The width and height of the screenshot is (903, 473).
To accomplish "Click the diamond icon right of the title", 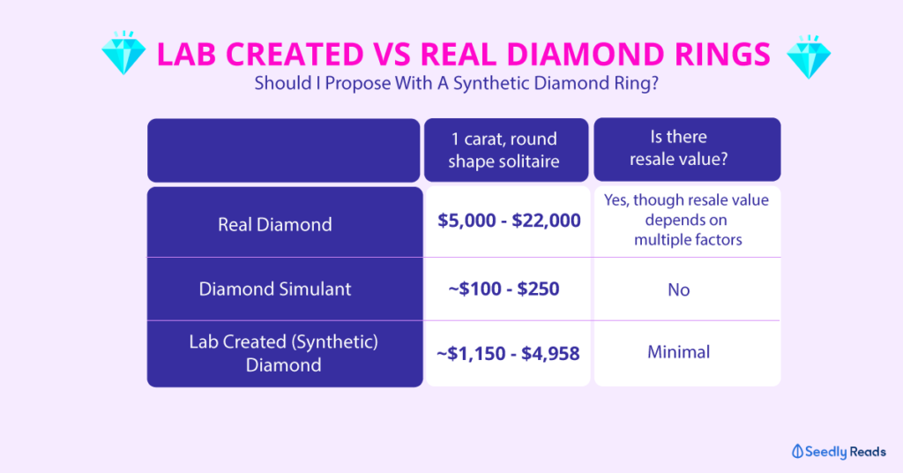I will coord(807,56).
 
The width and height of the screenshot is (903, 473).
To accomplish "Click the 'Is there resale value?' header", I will coord(687,149).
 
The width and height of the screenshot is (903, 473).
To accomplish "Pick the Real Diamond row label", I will coord(275,224).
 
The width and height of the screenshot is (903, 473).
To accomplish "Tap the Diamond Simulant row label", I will coord(276,289).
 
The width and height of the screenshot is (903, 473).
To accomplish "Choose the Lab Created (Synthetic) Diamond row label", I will coord(283,353).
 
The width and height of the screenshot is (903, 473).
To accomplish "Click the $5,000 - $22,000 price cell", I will coord(509,221).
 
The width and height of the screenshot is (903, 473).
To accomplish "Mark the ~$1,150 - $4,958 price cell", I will coord(508,353).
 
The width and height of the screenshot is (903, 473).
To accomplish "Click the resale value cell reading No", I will coord(678,289).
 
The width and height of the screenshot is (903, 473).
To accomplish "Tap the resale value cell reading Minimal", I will coord(678,352).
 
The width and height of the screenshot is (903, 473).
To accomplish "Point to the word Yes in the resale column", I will coord(618,200).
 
